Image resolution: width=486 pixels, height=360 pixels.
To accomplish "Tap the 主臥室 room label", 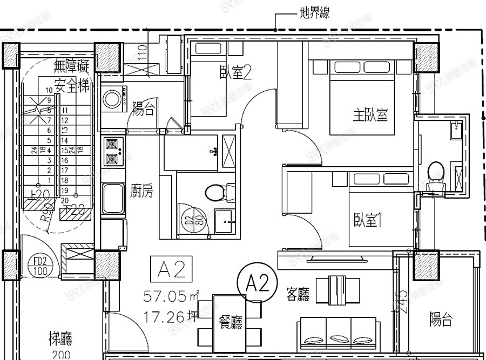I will (x=370, y=114).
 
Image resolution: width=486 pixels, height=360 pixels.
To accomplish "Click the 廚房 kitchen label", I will (x=143, y=190).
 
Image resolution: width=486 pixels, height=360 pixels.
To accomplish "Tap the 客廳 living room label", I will (x=298, y=294).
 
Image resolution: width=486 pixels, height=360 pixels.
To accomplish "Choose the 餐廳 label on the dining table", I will (x=231, y=322).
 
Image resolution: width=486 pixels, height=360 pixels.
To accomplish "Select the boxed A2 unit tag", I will (x=171, y=269).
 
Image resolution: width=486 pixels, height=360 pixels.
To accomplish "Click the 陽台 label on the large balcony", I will (x=441, y=320).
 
